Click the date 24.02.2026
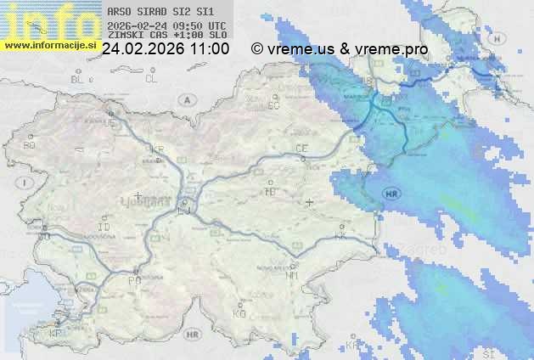pyautogui.click(x=139, y=49)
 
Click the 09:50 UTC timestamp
pyautogui.click(x=198, y=25)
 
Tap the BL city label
pyautogui.click(x=78, y=79)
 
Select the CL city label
pyautogui.click(x=151, y=79)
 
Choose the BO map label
pyautogui.click(x=29, y=145)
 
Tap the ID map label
pyautogui.click(x=104, y=228)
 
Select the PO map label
pyautogui.click(x=133, y=279)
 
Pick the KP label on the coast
pyautogui.click(x=56, y=333)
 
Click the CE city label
pyautogui.click(x=301, y=149)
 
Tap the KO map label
pyautogui.click(x=239, y=313)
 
